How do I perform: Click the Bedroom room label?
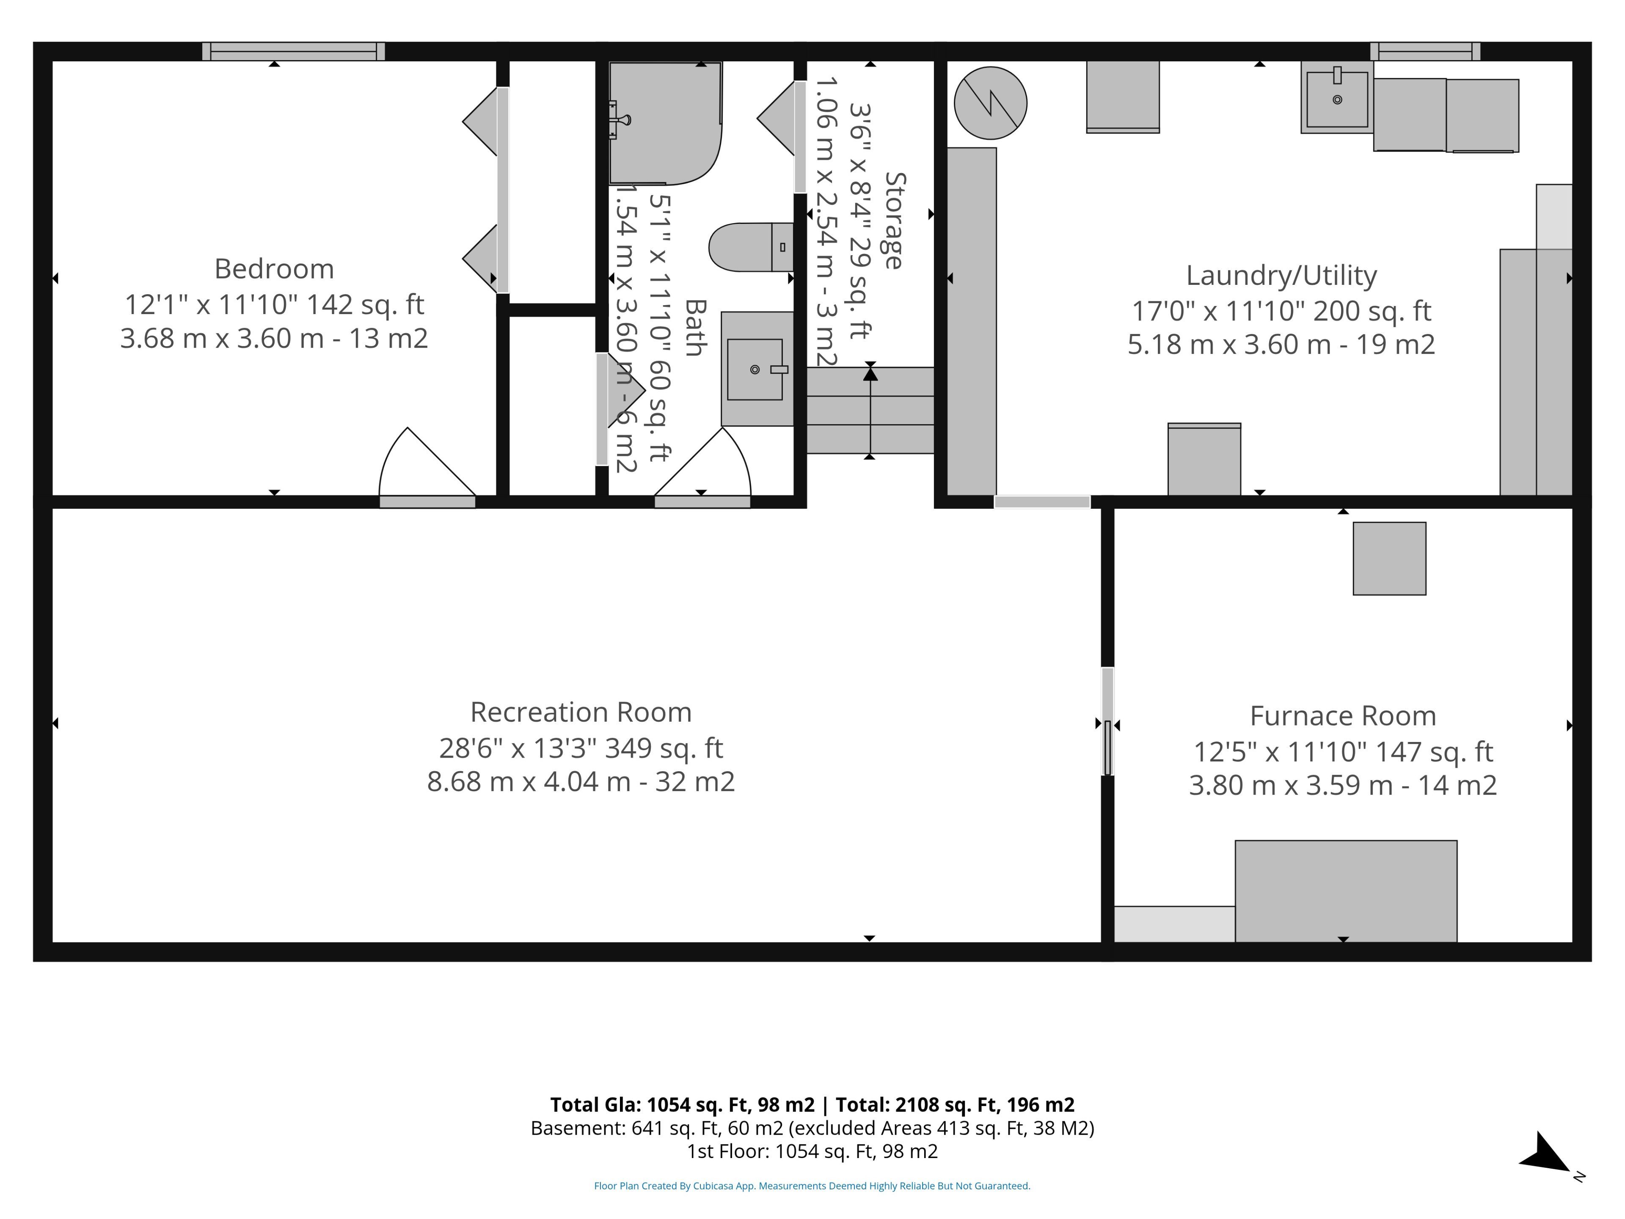coord(274,269)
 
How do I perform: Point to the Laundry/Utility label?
coord(1281,276)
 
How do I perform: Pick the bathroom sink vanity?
coord(757,369)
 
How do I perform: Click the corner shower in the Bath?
coord(665,123)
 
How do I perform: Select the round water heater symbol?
coord(990,103)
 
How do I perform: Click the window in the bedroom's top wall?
coord(294,52)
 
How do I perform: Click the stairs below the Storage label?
coord(870,411)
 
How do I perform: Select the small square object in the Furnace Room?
coord(1389,558)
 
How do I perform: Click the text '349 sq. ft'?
coord(664,748)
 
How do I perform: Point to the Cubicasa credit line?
coord(812,1185)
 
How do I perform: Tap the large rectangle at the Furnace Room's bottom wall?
coord(1346,891)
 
